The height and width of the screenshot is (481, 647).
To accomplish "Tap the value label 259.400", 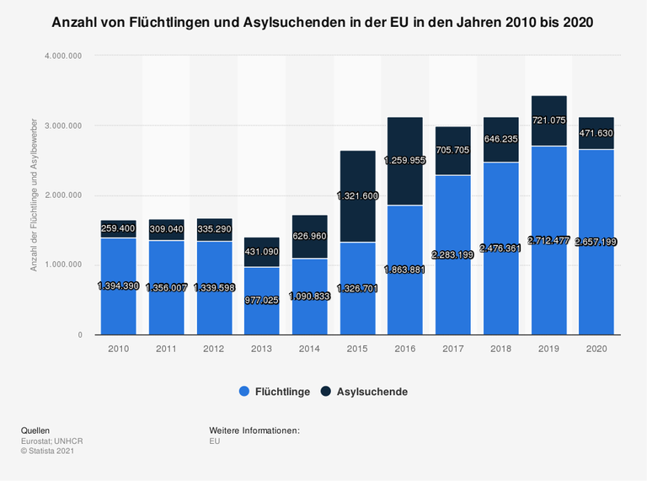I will click(118, 228).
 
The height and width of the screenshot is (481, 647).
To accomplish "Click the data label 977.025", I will click(263, 299).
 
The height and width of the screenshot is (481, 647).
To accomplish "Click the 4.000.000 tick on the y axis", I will click(64, 56).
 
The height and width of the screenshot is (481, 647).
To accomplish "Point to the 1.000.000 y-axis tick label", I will click(64, 265).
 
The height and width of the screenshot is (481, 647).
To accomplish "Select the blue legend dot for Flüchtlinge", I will click(244, 392).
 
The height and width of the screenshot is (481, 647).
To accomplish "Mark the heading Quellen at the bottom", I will click(36, 430).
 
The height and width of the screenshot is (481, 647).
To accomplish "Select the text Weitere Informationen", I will click(254, 430).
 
